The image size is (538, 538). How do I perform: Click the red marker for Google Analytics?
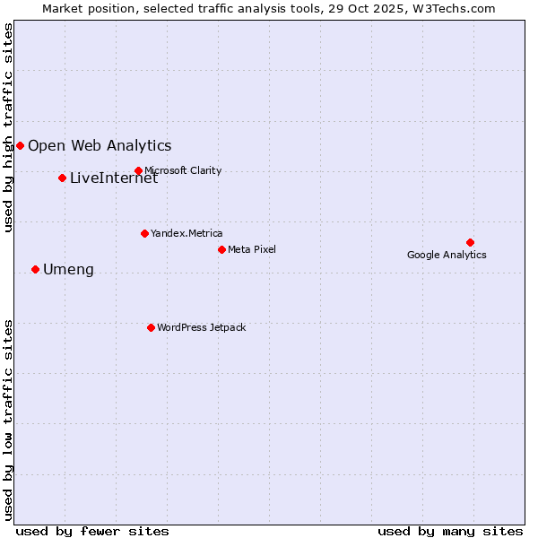click(470, 242)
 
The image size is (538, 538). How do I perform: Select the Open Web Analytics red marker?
click(20, 145)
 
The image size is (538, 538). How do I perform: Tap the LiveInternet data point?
click(62, 178)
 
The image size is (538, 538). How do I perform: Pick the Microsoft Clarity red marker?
click(138, 170)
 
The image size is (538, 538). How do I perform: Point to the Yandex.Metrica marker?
click(144, 233)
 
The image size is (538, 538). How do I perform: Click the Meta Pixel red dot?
click(221, 249)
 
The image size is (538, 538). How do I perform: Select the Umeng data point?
click(35, 269)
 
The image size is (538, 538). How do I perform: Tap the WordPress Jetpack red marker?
click(151, 327)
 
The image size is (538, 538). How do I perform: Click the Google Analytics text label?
click(447, 255)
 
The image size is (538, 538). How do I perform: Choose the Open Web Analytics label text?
click(100, 145)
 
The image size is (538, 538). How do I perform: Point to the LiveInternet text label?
click(114, 178)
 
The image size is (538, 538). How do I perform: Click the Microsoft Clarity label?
click(183, 170)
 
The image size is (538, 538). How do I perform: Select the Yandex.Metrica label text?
click(187, 233)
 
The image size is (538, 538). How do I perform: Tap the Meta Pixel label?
click(252, 249)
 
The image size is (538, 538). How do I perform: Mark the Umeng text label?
click(68, 269)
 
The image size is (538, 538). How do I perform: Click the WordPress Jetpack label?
click(201, 327)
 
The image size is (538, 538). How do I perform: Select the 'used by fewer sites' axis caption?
click(92, 531)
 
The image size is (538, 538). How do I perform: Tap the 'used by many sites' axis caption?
click(450, 531)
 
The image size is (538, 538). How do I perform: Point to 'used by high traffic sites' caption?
click(8, 127)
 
